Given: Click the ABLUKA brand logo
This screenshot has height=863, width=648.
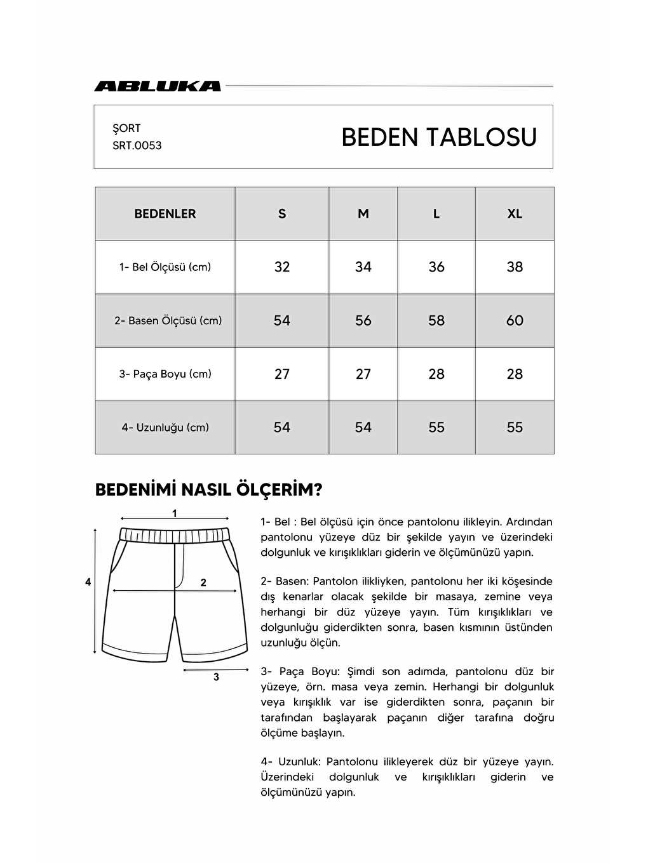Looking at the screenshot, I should (158, 86).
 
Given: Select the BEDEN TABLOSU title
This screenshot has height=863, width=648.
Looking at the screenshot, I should (439, 137).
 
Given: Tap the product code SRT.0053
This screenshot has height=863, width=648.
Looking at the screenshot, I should (137, 145).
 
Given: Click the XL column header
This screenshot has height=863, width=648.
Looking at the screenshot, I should (515, 214).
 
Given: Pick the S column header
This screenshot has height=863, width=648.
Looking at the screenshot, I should (282, 214).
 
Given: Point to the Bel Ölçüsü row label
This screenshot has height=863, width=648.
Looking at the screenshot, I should (165, 267).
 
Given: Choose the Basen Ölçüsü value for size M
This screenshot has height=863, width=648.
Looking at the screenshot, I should (363, 320).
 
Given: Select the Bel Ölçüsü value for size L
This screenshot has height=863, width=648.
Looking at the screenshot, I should (436, 267).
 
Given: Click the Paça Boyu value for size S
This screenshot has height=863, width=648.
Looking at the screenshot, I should (282, 374).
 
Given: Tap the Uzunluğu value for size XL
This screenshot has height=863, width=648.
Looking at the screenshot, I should (515, 427).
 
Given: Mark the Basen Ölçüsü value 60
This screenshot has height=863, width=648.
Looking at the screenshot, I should (515, 320).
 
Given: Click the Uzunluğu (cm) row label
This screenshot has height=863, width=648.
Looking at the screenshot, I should (165, 427).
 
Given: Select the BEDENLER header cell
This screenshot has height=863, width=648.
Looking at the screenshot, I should (165, 214).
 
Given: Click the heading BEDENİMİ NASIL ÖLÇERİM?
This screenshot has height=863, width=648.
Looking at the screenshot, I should (208, 490).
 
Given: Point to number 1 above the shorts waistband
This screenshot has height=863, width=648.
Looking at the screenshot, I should (175, 513).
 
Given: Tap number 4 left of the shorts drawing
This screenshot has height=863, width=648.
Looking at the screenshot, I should (88, 582).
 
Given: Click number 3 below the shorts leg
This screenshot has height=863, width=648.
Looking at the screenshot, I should (216, 677).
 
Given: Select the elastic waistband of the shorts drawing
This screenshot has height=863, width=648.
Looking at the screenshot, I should (175, 534).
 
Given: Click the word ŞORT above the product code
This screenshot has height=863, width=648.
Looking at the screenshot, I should (126, 128).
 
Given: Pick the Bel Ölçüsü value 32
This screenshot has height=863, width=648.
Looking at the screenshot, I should (282, 267).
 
